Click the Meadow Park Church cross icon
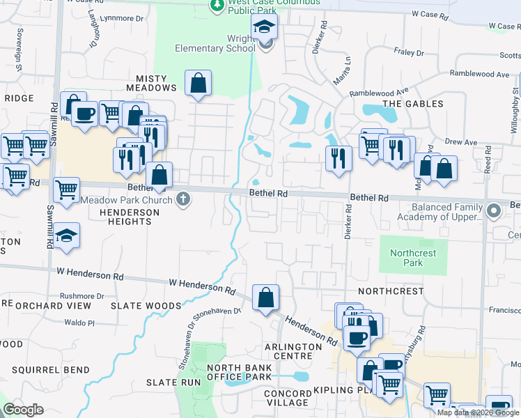pos(183,200)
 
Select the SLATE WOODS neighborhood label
pos(146,306)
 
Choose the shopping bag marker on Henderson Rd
pos(265,298)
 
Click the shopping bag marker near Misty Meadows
pos(199,84)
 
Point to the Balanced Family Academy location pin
pos(494,210)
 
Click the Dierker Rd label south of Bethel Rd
pos(348,223)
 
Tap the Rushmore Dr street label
pos(81,296)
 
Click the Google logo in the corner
pos(24,410)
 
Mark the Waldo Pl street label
pos(79,323)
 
